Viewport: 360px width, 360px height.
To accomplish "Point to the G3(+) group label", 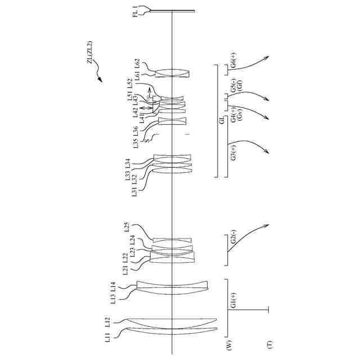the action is click(x=233, y=153).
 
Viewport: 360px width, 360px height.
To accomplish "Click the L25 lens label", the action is click(x=127, y=227).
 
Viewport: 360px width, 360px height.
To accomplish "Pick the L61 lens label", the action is click(x=137, y=75).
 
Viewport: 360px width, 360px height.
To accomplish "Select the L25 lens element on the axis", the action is click(x=172, y=240).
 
